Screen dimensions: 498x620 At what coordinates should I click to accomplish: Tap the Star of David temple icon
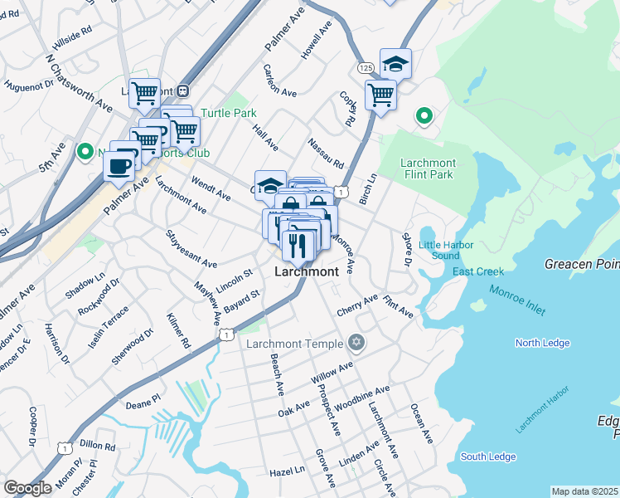coord(356,342)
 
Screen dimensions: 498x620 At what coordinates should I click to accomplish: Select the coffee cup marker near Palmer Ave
coord(119,165)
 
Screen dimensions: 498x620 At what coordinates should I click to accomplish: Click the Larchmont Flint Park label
coord(428,168)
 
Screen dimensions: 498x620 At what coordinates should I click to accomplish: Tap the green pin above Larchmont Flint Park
coord(424,116)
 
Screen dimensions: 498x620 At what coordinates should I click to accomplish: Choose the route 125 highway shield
coord(366,66)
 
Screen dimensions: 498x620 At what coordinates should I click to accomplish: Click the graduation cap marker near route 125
coord(396,64)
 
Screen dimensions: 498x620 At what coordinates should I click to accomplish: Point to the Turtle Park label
coord(228,113)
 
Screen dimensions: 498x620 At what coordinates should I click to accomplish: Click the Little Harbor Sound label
coord(446,250)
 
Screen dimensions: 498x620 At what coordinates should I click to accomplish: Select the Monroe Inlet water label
coord(517,300)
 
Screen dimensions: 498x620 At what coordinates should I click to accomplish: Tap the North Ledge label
coord(542,343)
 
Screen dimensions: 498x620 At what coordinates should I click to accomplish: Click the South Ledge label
coord(488,456)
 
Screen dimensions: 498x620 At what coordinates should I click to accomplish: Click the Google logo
coord(27,487)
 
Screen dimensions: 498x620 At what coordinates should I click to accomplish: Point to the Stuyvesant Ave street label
coord(191,249)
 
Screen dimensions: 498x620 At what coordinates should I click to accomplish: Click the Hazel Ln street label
coord(287,471)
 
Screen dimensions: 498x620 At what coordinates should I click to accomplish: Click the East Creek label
coord(477,272)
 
